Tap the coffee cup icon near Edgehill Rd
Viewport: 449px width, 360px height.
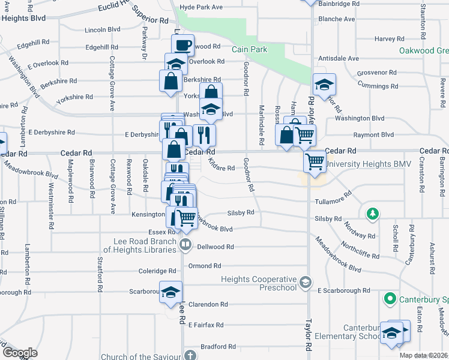tap(182, 44)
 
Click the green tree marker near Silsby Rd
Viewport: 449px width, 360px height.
tap(372, 213)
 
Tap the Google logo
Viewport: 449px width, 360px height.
tap(20, 352)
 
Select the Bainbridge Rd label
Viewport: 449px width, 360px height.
tap(340, 4)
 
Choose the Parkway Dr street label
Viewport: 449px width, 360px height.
tap(144, 43)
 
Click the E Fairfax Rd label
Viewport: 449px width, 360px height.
tap(208, 325)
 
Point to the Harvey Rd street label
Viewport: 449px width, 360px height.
tap(385, 39)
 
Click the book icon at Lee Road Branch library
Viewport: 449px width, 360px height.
tap(186, 245)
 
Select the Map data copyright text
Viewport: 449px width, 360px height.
tap(423, 355)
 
